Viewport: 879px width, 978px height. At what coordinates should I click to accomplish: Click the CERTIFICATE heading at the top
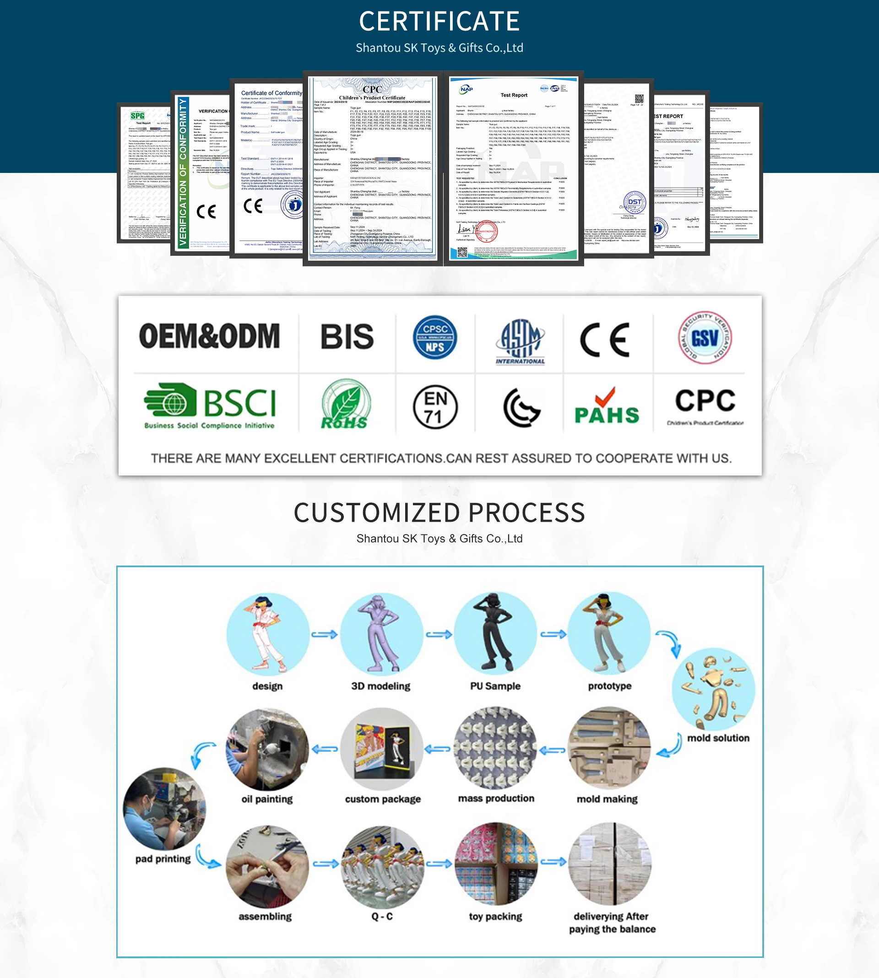(x=439, y=22)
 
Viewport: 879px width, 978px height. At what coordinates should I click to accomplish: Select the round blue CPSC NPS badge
(x=434, y=337)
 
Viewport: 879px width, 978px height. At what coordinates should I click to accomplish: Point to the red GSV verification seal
(x=705, y=337)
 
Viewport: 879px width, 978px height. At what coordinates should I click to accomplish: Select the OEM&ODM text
(x=210, y=336)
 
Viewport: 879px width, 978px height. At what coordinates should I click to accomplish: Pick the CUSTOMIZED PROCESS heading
(x=439, y=513)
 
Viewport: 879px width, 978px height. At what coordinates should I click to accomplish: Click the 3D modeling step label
(x=380, y=686)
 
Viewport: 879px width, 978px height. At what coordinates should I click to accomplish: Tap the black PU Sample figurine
(x=495, y=632)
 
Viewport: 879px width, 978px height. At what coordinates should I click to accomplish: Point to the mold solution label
(x=718, y=738)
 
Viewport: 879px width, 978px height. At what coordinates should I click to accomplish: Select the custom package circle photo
(x=381, y=749)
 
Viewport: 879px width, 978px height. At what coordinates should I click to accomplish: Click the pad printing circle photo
(x=164, y=809)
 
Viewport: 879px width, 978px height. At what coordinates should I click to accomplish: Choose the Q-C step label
(x=381, y=916)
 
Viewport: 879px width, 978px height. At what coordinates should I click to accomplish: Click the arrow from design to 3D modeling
(x=325, y=634)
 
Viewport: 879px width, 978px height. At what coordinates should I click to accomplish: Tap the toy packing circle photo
(x=496, y=864)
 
